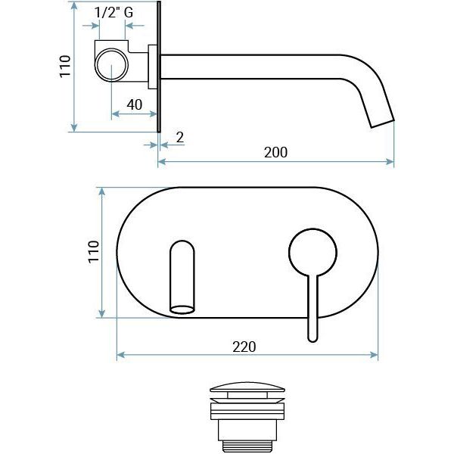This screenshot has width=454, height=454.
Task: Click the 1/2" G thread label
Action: tap(113, 12)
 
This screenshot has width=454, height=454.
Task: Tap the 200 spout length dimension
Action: tap(275, 152)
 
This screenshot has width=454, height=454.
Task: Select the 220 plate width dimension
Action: tap(244, 347)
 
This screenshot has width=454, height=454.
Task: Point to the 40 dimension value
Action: tap(135, 104)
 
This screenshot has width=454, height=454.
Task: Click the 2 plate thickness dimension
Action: tap(180, 137)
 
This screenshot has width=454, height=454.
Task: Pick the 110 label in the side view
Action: tap(65, 66)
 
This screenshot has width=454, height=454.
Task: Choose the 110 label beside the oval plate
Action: tap(94, 252)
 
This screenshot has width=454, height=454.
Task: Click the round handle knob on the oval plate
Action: tap(313, 252)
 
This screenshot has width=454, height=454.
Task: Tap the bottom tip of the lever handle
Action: tap(313, 341)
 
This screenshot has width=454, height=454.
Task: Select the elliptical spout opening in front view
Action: tap(182, 309)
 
